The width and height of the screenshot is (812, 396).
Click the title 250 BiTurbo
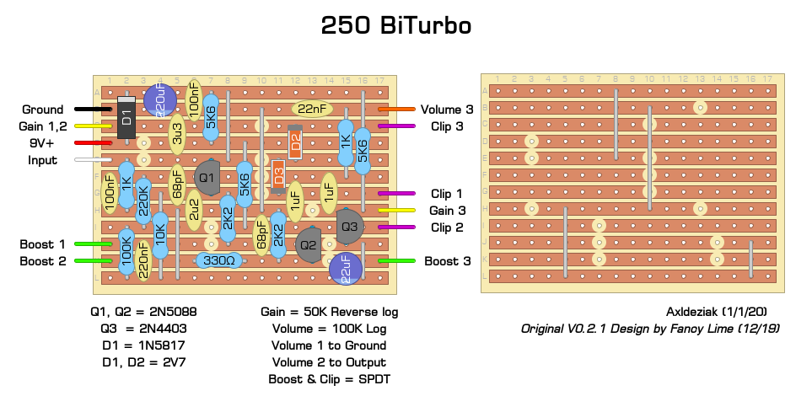pyautogui.click(x=395, y=26)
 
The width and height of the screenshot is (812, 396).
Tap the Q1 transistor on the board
pyautogui.click(x=207, y=177)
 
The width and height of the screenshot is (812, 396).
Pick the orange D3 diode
pyautogui.click(x=278, y=177)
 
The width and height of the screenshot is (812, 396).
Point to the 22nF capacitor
pyautogui.click(x=311, y=109)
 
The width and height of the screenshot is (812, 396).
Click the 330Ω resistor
pyautogui.click(x=219, y=261)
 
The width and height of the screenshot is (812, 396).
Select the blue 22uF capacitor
pyautogui.click(x=346, y=267)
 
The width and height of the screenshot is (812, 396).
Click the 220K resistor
pyautogui.click(x=143, y=201)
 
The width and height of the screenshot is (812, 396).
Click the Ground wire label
pyautogui.click(x=43, y=110)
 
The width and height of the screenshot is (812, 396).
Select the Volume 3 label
pyautogui.click(x=447, y=109)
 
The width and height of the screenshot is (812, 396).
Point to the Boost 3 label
pyautogui.click(x=447, y=261)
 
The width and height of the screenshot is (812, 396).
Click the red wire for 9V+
pyautogui.click(x=93, y=142)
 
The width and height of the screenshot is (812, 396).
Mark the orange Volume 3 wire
pyautogui.click(x=396, y=109)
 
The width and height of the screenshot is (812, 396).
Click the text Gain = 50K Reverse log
pyautogui.click(x=329, y=312)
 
